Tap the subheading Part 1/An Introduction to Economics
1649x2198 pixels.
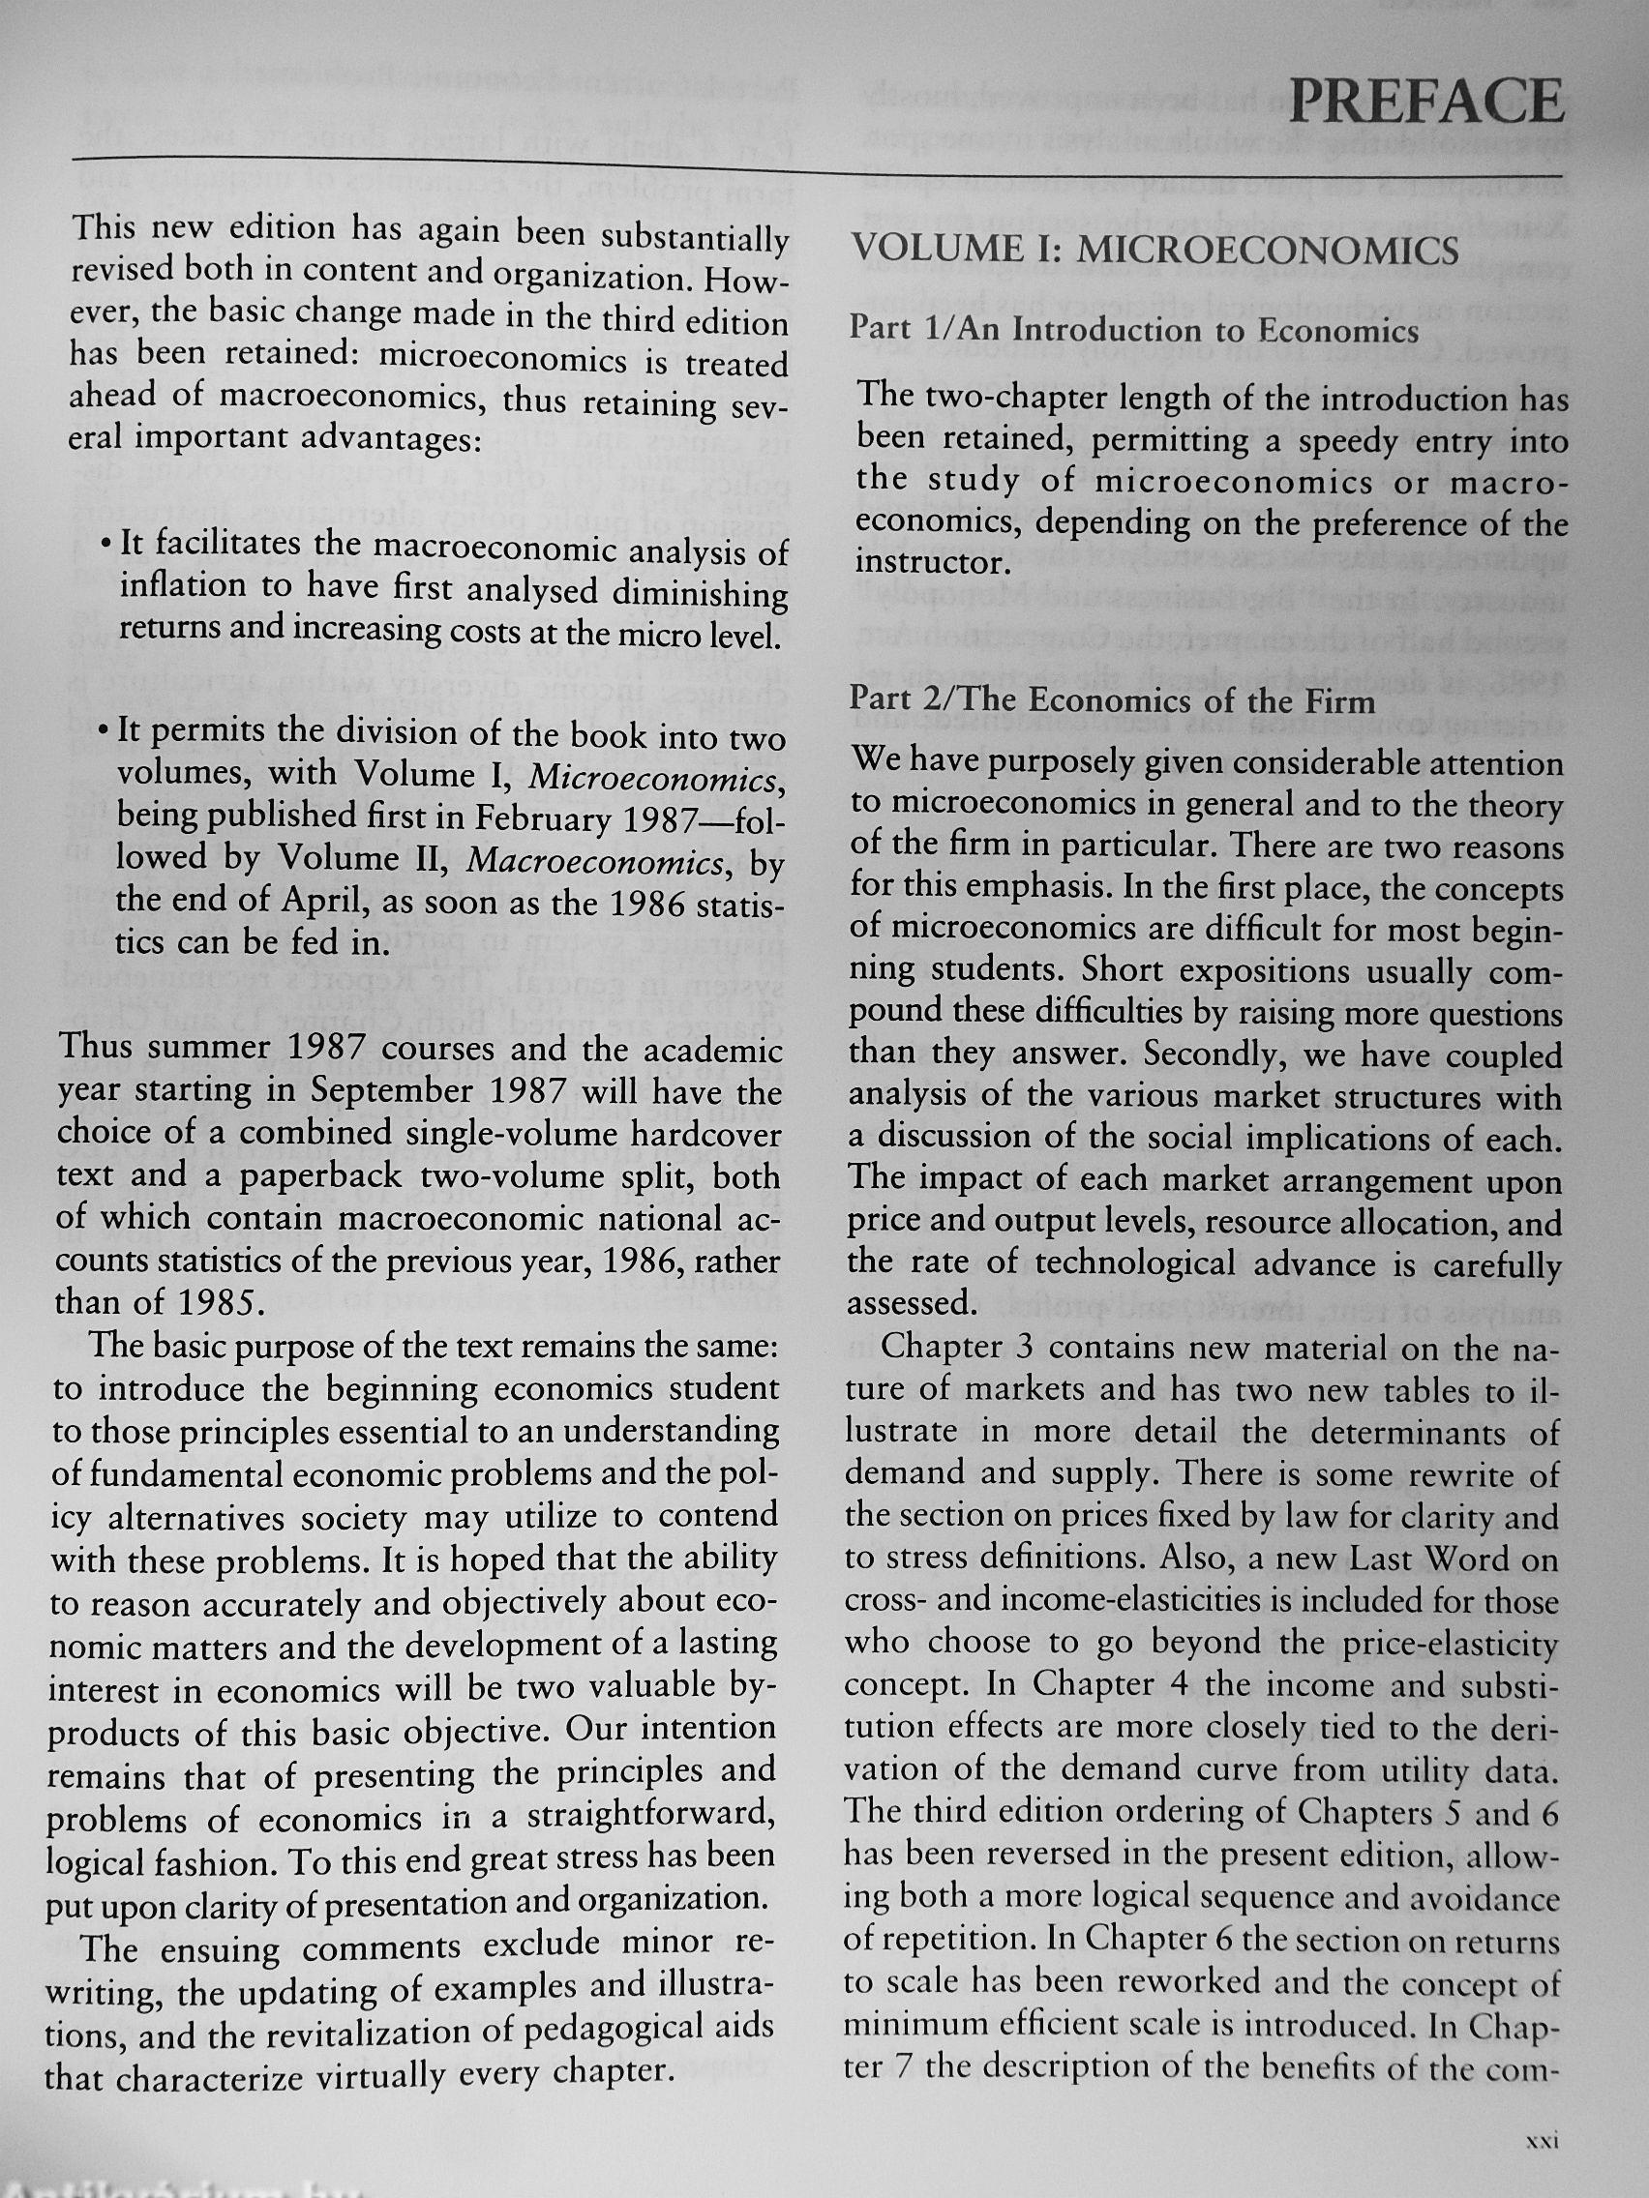(x=1133, y=329)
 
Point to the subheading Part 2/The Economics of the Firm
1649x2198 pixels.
(x=1111, y=700)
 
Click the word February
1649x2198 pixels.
(x=543, y=817)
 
